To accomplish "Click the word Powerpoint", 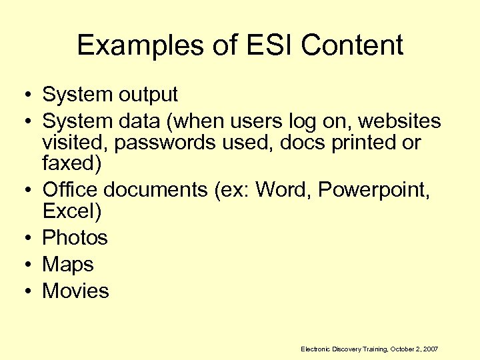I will [374, 190].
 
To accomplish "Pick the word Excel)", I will [72, 211].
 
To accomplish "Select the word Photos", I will [75, 237].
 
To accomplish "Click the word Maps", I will [68, 264].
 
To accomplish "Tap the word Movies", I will [75, 291].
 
